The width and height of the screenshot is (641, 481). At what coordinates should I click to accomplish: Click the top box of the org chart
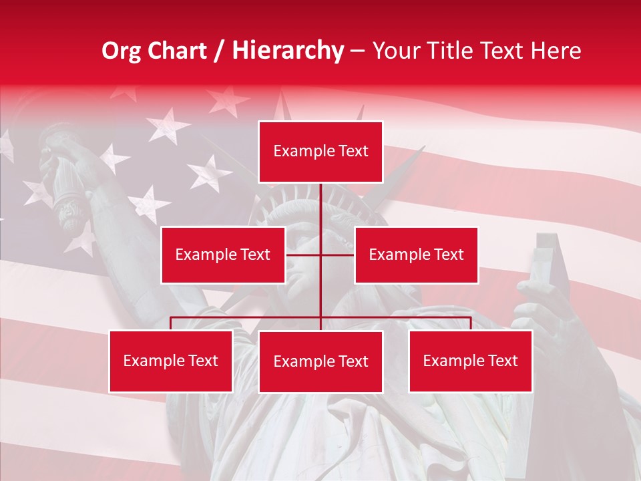pyautogui.click(x=320, y=152)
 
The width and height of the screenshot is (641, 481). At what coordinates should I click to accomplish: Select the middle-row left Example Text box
pyautogui.click(x=223, y=255)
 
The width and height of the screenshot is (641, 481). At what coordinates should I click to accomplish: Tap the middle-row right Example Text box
pyautogui.click(x=416, y=255)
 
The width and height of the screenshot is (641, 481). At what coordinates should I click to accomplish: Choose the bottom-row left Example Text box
pyautogui.click(x=171, y=361)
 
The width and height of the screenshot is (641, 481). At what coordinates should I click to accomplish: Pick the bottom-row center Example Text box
pyautogui.click(x=320, y=361)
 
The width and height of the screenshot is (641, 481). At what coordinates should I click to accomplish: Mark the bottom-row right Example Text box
pyautogui.click(x=470, y=361)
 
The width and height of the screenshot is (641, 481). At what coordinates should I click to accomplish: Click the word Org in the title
pyautogui.click(x=121, y=51)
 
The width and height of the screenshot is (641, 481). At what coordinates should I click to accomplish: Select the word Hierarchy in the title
pyautogui.click(x=287, y=51)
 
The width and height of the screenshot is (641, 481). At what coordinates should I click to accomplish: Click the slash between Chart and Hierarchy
pyautogui.click(x=219, y=51)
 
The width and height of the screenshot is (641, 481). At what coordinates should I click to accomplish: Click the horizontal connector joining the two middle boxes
pyautogui.click(x=304, y=255)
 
